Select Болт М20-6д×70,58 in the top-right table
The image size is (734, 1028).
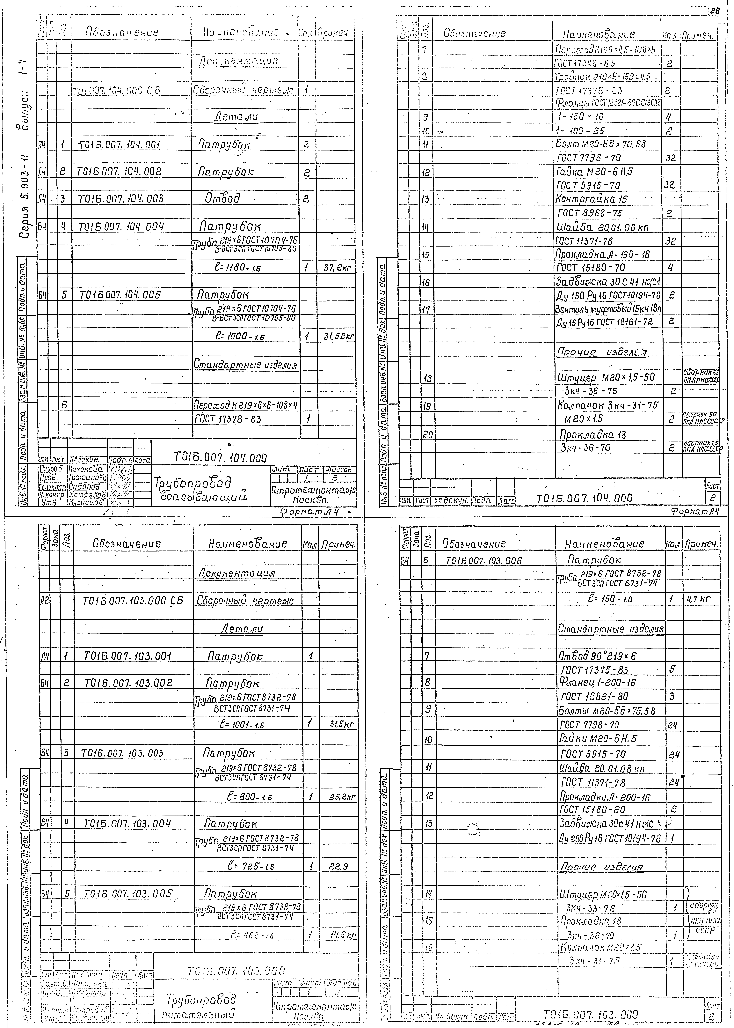(x=601, y=144)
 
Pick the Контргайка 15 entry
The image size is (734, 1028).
(x=592, y=199)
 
